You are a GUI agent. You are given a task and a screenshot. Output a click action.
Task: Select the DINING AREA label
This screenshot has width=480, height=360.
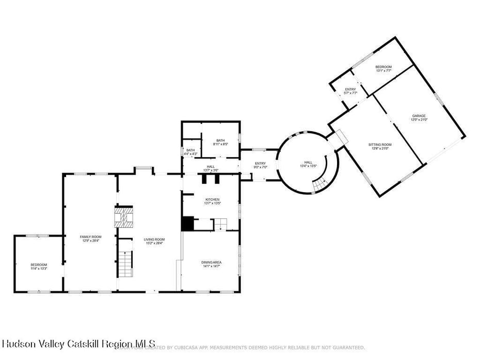tap(211, 264)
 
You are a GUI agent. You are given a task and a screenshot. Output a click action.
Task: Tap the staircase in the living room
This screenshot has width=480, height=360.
tap(125, 264)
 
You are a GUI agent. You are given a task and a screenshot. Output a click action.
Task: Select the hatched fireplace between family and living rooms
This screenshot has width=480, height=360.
tap(123, 217)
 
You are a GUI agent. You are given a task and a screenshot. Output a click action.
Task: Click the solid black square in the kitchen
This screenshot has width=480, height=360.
tap(187, 224)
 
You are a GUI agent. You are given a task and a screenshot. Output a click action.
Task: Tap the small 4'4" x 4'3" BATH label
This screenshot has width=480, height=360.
tap(190, 152)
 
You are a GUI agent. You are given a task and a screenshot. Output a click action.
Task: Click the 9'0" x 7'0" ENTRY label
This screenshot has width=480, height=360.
tap(260, 165)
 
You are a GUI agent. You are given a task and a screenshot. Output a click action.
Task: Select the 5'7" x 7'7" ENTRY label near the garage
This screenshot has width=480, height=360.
tap(350, 91)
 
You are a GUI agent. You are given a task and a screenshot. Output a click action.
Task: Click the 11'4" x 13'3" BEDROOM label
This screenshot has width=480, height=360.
tap(39, 267)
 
